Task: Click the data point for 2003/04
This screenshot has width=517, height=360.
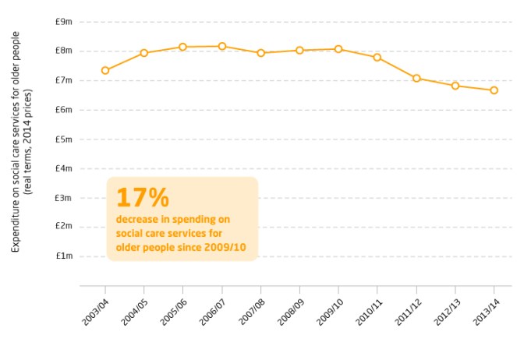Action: (105, 70)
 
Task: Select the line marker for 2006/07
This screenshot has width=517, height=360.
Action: (222, 46)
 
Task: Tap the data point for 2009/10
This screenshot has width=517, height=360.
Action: (338, 48)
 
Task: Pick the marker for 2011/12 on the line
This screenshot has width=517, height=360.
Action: (416, 78)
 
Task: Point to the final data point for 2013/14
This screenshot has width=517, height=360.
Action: (494, 90)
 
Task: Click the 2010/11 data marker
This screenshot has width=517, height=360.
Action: (377, 57)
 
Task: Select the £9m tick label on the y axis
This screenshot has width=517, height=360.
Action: (64, 22)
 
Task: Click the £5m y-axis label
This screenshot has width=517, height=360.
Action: (64, 139)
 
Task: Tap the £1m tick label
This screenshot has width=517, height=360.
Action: (64, 256)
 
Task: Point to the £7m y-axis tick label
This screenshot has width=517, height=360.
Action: (64, 80)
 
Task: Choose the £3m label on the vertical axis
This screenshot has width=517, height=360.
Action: (64, 198)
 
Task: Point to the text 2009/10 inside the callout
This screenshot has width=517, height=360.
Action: (225, 249)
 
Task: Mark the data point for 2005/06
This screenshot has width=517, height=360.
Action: (183, 47)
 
